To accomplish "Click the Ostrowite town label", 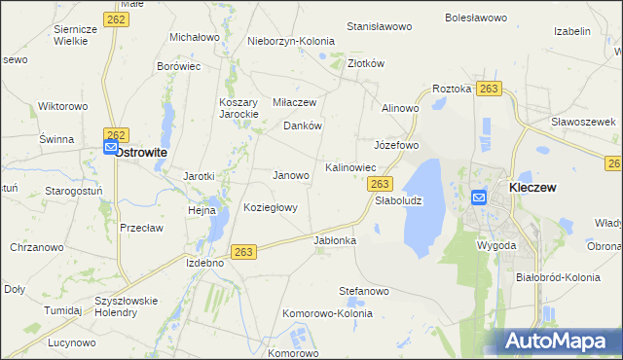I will coord(142,153).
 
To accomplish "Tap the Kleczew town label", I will coord(532,188).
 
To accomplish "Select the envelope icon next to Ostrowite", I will coord(110,148).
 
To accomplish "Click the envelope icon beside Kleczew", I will coord(478,197).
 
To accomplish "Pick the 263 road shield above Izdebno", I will coord(244,252).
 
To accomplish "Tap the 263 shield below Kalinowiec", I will coord(381,184).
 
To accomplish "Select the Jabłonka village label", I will coord(335,240).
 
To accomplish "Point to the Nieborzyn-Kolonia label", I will coord(290,42).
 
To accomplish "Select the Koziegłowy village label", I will coord(272,208).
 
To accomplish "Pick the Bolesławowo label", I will coord(477,18).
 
